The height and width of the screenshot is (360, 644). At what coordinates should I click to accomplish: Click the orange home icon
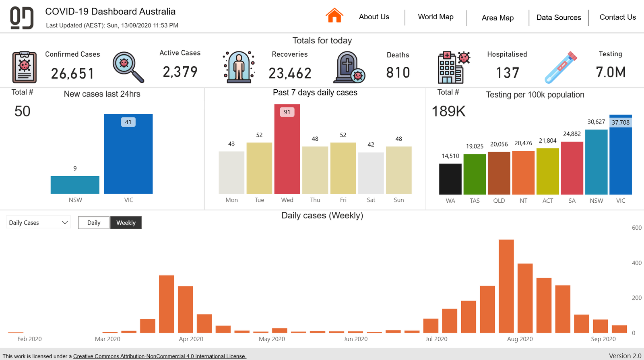tap(334, 16)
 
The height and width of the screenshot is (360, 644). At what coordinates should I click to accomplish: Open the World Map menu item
tap(436, 17)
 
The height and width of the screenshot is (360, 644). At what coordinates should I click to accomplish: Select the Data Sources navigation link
tap(559, 17)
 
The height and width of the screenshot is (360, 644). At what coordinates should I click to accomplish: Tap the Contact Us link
tap(617, 17)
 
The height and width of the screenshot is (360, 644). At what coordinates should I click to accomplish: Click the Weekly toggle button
tap(126, 222)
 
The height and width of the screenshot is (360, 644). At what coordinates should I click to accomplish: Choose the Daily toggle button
tap(94, 222)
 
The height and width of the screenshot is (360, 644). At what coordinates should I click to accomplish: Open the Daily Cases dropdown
tap(38, 222)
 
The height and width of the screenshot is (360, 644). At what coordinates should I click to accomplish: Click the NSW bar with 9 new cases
tap(75, 185)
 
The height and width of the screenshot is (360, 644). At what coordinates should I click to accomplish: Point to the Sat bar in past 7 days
tap(371, 173)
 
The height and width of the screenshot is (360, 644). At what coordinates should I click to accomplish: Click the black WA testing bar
tap(450, 179)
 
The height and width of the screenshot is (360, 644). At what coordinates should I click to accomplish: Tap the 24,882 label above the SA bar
tap(572, 134)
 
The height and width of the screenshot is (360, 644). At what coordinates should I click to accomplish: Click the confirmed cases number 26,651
tap(72, 74)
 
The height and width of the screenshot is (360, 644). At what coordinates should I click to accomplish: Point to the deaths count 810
tap(398, 73)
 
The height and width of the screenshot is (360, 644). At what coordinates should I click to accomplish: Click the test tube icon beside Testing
tap(560, 67)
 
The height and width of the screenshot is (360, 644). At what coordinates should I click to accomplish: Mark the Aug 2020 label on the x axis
tap(520, 339)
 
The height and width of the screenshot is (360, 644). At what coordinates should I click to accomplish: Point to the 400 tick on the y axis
tap(636, 263)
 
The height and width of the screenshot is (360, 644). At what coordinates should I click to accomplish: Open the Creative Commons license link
tap(159, 356)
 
